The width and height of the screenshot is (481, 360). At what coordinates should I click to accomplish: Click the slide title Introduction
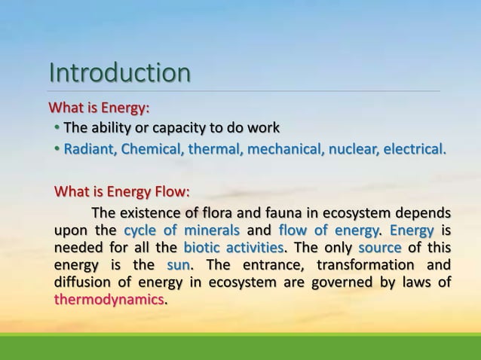[x=119, y=74]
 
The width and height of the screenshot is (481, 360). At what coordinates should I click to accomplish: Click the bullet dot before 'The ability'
[x=57, y=126]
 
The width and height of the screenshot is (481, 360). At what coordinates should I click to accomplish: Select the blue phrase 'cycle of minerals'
[x=182, y=230]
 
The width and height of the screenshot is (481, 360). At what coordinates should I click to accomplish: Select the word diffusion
[x=81, y=283]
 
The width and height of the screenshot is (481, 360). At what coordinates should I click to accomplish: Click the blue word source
[x=380, y=248]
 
